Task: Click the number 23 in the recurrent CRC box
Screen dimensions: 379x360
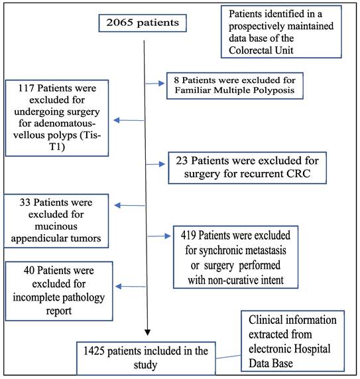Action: click(x=178, y=160)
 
